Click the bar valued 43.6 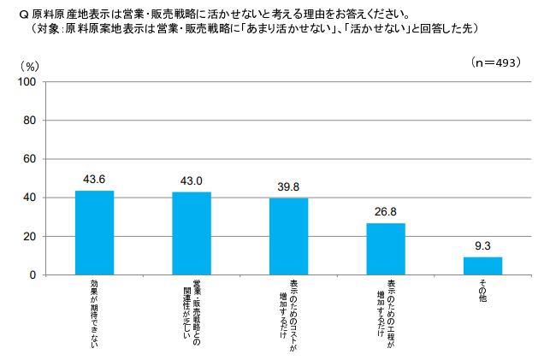94,233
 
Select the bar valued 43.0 192,233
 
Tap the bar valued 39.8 288,236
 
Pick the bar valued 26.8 386,249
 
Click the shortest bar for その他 482,266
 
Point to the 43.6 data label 94,180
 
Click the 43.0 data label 192,181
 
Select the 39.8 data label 288,187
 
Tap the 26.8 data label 386,212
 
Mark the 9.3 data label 482,246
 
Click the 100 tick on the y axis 27,82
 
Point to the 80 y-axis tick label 29,121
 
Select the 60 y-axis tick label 29,159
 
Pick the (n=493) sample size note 496,63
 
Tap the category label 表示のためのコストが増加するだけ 288,311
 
